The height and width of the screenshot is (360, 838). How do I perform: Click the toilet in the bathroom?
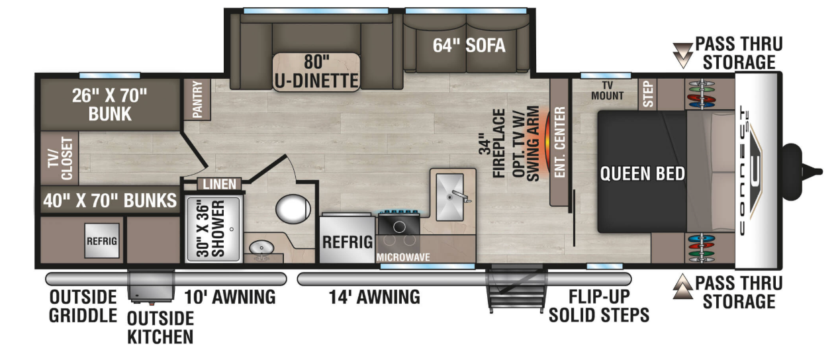[x=293, y=209]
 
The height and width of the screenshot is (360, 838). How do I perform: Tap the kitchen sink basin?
[x=449, y=197]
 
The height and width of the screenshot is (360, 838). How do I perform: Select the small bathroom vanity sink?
[x=261, y=247]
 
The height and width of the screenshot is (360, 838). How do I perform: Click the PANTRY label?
[x=197, y=99]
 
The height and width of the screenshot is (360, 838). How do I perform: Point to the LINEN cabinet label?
[x=220, y=184]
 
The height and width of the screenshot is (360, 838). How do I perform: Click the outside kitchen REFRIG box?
[x=102, y=241]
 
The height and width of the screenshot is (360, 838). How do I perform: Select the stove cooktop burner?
[x=399, y=227]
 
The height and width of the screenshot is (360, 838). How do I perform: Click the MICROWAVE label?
[x=403, y=257]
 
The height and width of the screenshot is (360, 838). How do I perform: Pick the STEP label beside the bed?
[x=648, y=95]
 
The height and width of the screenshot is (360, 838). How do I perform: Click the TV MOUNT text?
[x=607, y=91]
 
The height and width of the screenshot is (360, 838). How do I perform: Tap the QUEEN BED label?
[x=642, y=173]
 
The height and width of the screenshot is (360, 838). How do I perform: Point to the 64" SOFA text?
[x=469, y=46]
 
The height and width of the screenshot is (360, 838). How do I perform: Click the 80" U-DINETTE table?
[x=316, y=71]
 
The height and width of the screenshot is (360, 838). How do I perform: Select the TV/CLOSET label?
[x=60, y=158]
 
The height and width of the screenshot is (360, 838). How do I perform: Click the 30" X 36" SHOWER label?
[x=211, y=230]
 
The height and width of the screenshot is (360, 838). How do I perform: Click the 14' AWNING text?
[x=374, y=297]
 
